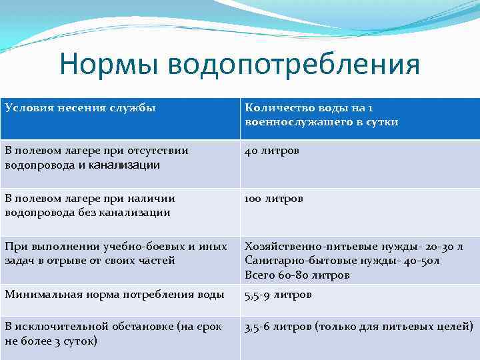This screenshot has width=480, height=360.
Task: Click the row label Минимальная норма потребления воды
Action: point(114,295)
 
